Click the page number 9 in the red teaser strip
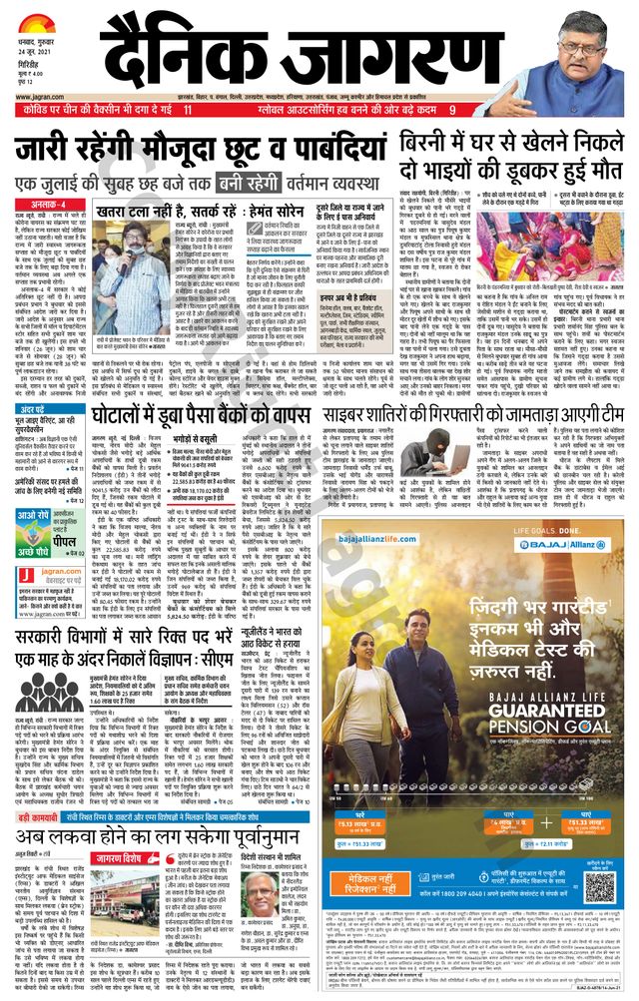pyautogui.click(x=451, y=109)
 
